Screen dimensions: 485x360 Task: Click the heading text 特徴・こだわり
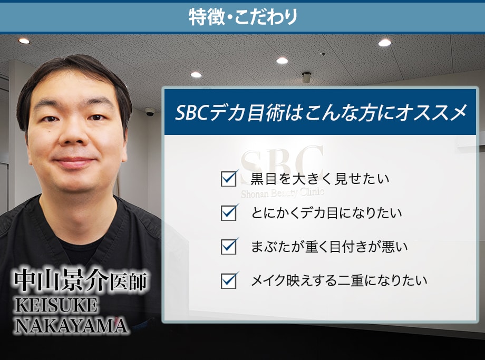(243, 17)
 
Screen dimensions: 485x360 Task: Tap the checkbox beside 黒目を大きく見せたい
(229, 179)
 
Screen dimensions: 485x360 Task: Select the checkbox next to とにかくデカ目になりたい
(229, 213)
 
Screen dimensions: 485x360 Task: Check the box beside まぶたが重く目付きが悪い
(229, 247)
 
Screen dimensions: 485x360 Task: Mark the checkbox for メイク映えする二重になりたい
(229, 281)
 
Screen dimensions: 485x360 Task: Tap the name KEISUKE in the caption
(56, 306)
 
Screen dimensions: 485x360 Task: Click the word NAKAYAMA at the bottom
(71, 325)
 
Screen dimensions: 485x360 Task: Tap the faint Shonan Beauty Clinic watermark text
(283, 193)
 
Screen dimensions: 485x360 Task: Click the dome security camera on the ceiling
(150, 112)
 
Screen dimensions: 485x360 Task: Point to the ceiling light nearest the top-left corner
(24, 41)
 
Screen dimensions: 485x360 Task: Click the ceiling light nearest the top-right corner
(384, 43)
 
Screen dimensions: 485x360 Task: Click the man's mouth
(74, 162)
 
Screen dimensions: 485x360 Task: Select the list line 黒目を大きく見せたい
(320, 179)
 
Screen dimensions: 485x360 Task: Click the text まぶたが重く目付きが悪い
(329, 247)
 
